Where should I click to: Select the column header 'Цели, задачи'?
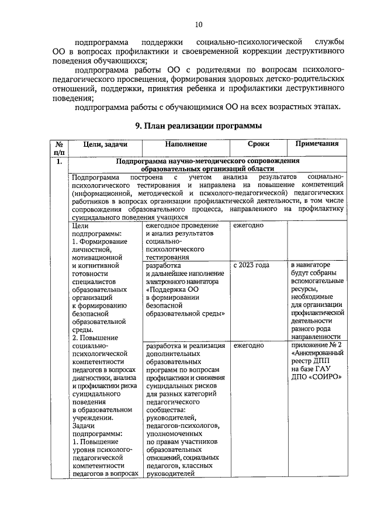tap(105, 144)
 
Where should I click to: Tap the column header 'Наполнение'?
tap(186, 144)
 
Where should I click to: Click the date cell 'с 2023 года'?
tap(251, 265)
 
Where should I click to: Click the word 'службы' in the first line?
tap(324, 43)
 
